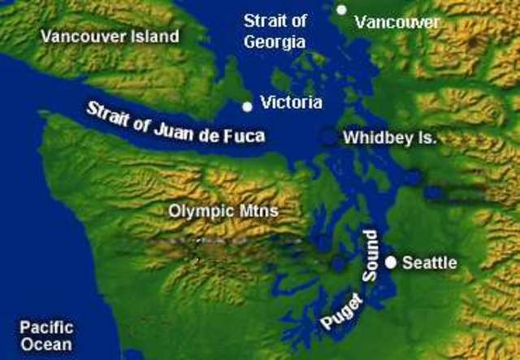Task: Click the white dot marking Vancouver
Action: (342, 10)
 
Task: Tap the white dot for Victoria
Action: (248, 106)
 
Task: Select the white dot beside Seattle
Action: (391, 262)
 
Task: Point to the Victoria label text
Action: (291, 103)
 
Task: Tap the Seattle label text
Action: (430, 263)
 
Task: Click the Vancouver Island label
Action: (110, 37)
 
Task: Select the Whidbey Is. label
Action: (389, 138)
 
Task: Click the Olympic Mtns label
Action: (223, 211)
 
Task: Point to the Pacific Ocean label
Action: (46, 336)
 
